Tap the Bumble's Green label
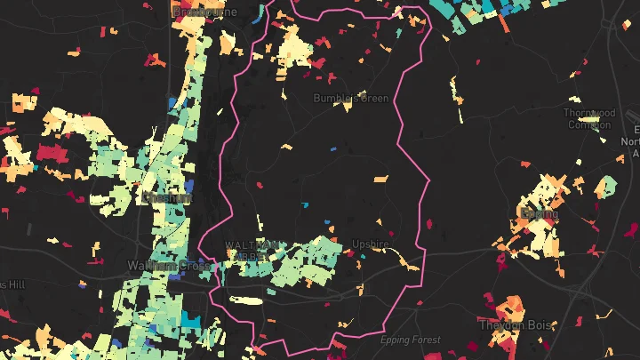pos(351,99)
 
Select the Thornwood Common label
pos(588,118)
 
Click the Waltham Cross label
pos(169,265)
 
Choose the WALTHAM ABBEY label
pos(256,250)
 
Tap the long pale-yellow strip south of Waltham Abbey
pos(248,300)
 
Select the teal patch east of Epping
pos(607,186)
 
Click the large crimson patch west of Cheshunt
pos(48,152)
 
